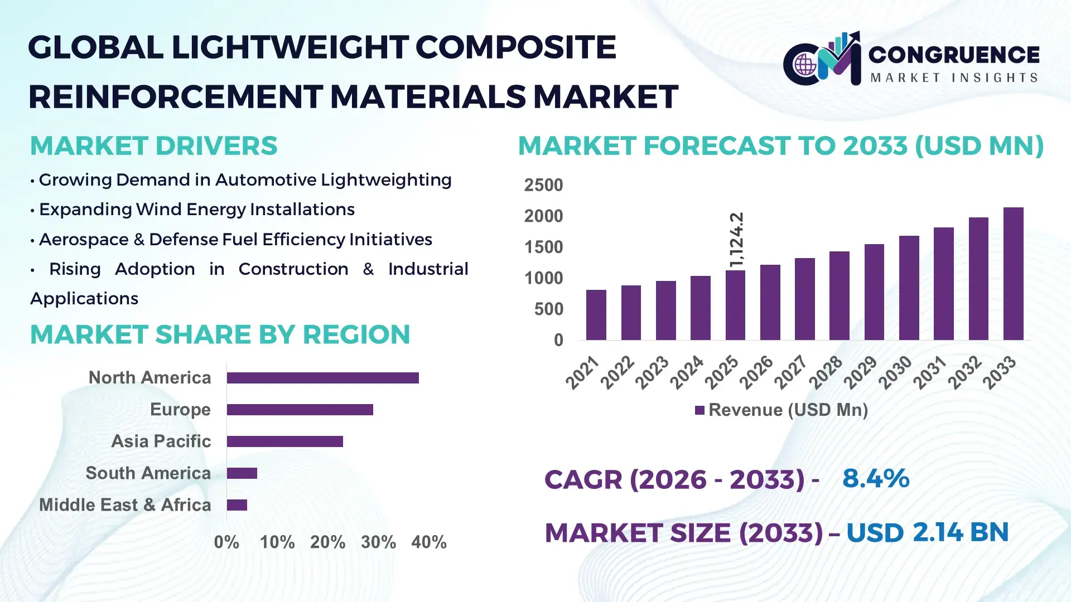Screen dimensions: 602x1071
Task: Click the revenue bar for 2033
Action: pyautogui.click(x=1013, y=274)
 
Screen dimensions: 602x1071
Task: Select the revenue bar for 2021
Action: pyautogui.click(x=596, y=315)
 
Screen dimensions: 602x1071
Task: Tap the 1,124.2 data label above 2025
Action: pyautogui.click(x=736, y=240)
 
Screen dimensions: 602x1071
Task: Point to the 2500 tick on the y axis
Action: pyautogui.click(x=543, y=185)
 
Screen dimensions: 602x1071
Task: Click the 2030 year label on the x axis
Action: pyautogui.click(x=895, y=372)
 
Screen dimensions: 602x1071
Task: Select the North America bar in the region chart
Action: pyautogui.click(x=322, y=378)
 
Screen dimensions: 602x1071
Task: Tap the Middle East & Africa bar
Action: pyautogui.click(x=237, y=505)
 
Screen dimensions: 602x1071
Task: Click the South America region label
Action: pyautogui.click(x=148, y=473)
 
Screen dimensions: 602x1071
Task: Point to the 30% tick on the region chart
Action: pyautogui.click(x=378, y=542)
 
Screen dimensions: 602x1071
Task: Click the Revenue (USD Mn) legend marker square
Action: pyautogui.click(x=699, y=411)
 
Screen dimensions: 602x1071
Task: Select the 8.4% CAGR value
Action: pyautogui.click(x=876, y=479)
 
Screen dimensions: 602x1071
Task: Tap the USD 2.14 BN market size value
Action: pyautogui.click(x=927, y=532)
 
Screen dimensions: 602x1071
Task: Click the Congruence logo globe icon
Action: pyautogui.click(x=805, y=65)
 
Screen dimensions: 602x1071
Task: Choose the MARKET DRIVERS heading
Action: pyautogui.click(x=153, y=146)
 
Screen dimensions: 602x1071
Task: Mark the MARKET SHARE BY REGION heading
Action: pyautogui.click(x=220, y=335)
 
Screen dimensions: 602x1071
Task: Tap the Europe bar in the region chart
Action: pyautogui.click(x=300, y=410)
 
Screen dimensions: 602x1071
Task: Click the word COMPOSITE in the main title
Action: pyautogui.click(x=515, y=47)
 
